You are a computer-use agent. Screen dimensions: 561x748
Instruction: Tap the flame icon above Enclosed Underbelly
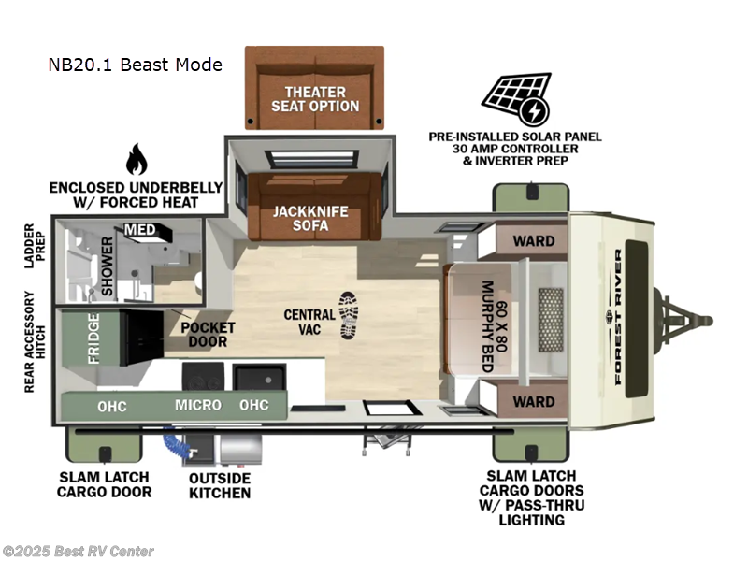click(x=137, y=160)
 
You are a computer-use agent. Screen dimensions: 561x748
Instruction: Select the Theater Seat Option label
click(x=315, y=99)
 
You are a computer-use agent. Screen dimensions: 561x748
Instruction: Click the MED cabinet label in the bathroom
click(x=141, y=230)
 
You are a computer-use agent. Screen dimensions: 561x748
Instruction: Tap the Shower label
click(x=107, y=266)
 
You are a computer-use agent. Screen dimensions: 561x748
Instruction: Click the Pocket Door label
click(x=209, y=335)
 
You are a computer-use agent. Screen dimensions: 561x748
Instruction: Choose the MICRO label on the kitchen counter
click(x=198, y=405)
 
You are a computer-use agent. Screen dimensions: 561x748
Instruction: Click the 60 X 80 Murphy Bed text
click(x=493, y=325)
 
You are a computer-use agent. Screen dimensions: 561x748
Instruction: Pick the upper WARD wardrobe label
click(x=533, y=240)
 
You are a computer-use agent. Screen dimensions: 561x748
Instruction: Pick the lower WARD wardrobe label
click(x=533, y=402)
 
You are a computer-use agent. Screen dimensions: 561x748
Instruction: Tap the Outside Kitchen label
click(x=219, y=485)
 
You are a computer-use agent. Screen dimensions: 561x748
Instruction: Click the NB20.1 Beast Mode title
click(x=136, y=65)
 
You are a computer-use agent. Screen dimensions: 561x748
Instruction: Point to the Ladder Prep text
click(x=31, y=246)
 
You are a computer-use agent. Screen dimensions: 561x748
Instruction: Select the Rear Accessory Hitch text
click(x=31, y=341)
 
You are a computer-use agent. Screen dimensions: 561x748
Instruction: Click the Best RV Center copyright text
click(x=79, y=551)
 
